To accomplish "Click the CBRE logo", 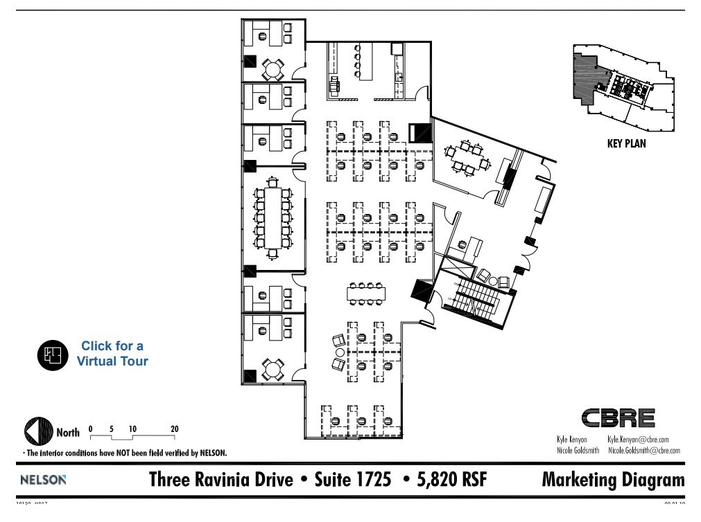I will [618, 418].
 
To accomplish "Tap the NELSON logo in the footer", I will [44, 479].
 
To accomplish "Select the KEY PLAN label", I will [625, 145].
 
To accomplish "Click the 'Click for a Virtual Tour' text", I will [112, 353].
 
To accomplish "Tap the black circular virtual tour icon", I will [53, 354].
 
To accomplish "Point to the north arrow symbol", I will [39, 433].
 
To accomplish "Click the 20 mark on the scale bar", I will [174, 429].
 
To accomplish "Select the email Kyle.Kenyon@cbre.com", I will [638, 440].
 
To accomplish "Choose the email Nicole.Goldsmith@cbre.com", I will [643, 451].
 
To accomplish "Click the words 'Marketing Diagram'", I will [613, 479].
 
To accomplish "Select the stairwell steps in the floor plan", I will [477, 298].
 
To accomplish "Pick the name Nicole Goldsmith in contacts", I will [578, 451].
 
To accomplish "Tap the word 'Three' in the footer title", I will [172, 479].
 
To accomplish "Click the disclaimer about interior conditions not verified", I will [125, 453].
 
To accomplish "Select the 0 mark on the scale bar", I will [90, 429].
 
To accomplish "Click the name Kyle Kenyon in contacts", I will [572, 440].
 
